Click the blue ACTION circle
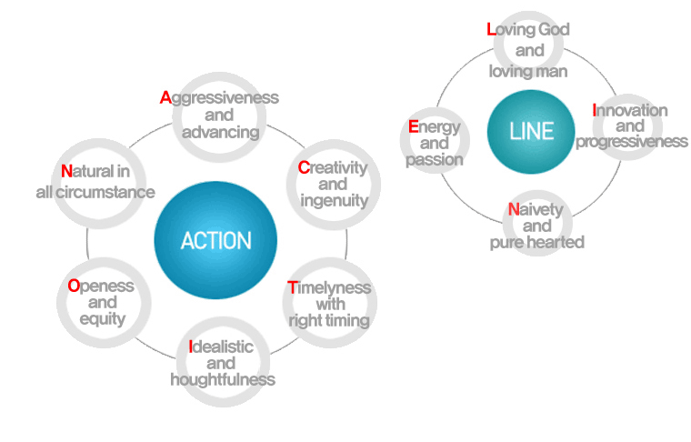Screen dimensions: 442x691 click(x=215, y=241)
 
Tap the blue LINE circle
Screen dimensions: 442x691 click(x=532, y=131)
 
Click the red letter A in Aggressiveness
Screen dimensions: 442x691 click(x=165, y=97)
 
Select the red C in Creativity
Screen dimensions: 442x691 click(x=304, y=167)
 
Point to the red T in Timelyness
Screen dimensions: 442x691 click(x=292, y=287)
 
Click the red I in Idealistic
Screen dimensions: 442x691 click(x=191, y=347)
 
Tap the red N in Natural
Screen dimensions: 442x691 click(x=66, y=171)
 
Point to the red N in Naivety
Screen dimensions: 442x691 click(x=514, y=210)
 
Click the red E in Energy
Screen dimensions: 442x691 click(x=413, y=126)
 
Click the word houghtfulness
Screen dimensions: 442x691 click(x=223, y=379)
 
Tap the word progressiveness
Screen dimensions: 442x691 click(x=631, y=142)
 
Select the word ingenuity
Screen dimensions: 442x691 click(x=335, y=200)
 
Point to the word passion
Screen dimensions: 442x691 click(x=436, y=159)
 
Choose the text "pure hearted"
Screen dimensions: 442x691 click(x=536, y=242)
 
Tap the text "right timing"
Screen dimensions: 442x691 click(x=329, y=320)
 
